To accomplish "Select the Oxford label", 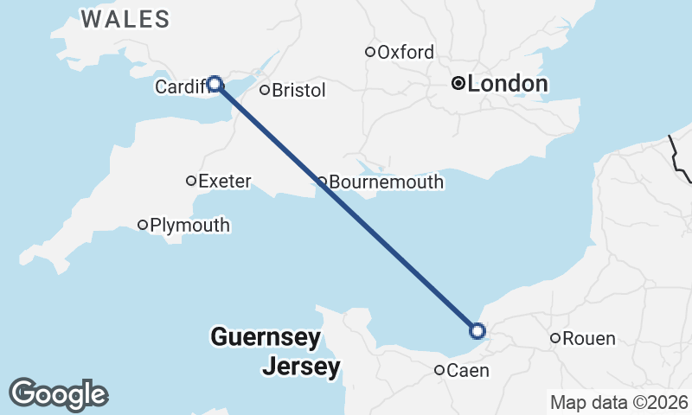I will (405, 52).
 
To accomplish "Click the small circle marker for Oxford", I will (370, 52).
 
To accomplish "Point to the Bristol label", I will (298, 90).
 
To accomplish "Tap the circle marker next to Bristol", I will (265, 90).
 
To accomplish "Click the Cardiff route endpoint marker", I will (215, 84).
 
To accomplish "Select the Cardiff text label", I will (181, 86).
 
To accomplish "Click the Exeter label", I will (224, 181).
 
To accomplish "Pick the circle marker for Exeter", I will (191, 181).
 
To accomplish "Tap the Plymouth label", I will (189, 225).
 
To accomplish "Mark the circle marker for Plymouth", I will (144, 225).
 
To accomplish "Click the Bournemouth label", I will (386, 182).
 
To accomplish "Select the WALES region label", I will (125, 19).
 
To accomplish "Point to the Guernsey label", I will (266, 336).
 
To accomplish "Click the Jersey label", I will (301, 367).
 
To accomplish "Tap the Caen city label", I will (468, 371).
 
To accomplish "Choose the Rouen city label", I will (588, 338).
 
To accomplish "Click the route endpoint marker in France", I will (477, 330).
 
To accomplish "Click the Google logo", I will (58, 394).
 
